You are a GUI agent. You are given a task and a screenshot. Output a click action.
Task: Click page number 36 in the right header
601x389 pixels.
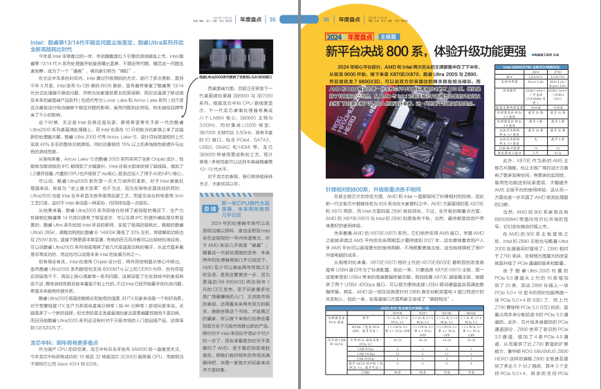tap(326, 19)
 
